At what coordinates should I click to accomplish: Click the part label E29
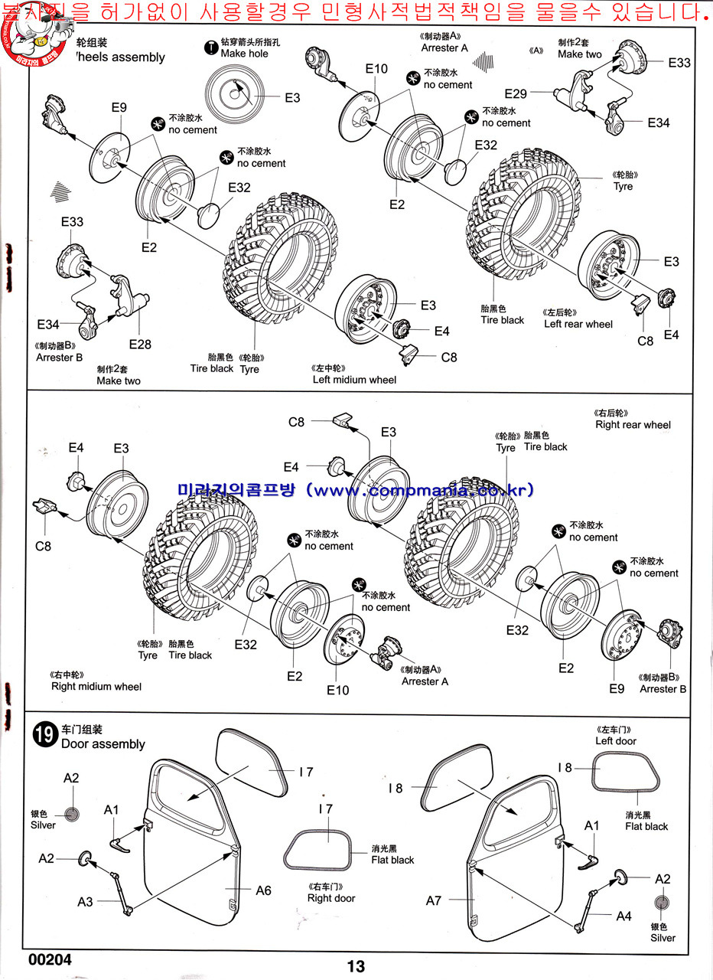point(516,94)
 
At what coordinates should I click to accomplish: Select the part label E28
point(140,345)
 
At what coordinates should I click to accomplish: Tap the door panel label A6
point(264,890)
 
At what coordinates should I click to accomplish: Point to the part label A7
point(434,900)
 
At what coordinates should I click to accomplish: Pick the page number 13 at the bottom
point(356,966)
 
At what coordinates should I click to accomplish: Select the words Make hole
point(244,54)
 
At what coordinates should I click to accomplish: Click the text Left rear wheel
point(578,324)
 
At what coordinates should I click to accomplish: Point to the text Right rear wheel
point(633,425)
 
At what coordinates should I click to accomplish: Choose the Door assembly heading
point(103,744)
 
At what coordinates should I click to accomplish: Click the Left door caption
point(616,741)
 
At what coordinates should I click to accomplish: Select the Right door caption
point(331,898)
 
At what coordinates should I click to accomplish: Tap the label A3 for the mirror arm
point(85,902)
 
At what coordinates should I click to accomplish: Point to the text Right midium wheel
point(96,687)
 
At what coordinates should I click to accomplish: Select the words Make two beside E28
point(119,381)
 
